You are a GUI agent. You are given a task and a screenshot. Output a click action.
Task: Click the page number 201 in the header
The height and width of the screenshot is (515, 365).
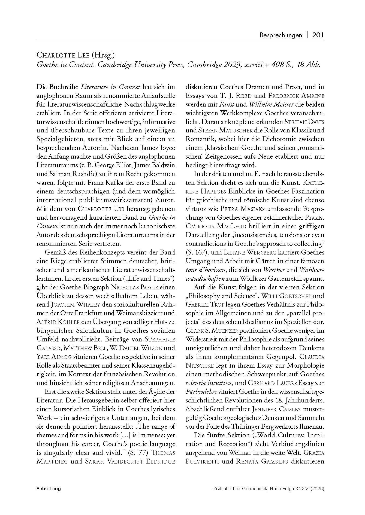coord(318,35)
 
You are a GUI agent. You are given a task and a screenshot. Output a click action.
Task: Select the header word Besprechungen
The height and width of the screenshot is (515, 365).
coord(281,35)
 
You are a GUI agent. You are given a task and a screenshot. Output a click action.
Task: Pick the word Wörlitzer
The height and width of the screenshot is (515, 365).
coord(263,278)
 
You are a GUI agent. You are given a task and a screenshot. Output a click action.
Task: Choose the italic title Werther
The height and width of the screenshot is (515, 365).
coord(274,270)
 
